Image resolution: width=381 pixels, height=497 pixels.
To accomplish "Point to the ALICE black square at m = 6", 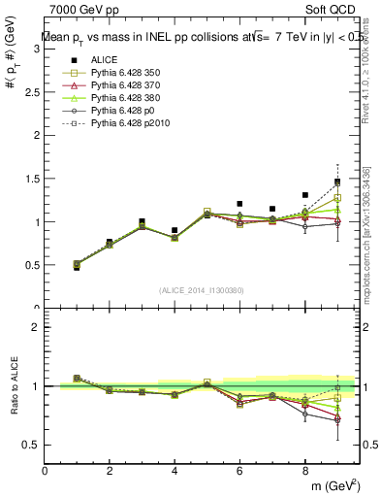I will (x=240, y=204).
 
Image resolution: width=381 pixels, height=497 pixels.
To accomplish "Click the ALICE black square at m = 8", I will (x=305, y=195).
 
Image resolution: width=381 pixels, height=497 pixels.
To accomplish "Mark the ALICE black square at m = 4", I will (x=175, y=231).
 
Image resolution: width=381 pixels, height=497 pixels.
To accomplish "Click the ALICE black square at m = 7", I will (x=272, y=209).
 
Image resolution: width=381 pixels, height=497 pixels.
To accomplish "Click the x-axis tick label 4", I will (x=175, y=471).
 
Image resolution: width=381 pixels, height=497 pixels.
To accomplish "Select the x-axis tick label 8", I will (x=305, y=471).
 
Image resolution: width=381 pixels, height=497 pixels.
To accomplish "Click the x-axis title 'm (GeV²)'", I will (x=333, y=485).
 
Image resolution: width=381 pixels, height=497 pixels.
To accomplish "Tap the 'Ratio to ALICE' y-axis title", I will (x=14, y=388).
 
